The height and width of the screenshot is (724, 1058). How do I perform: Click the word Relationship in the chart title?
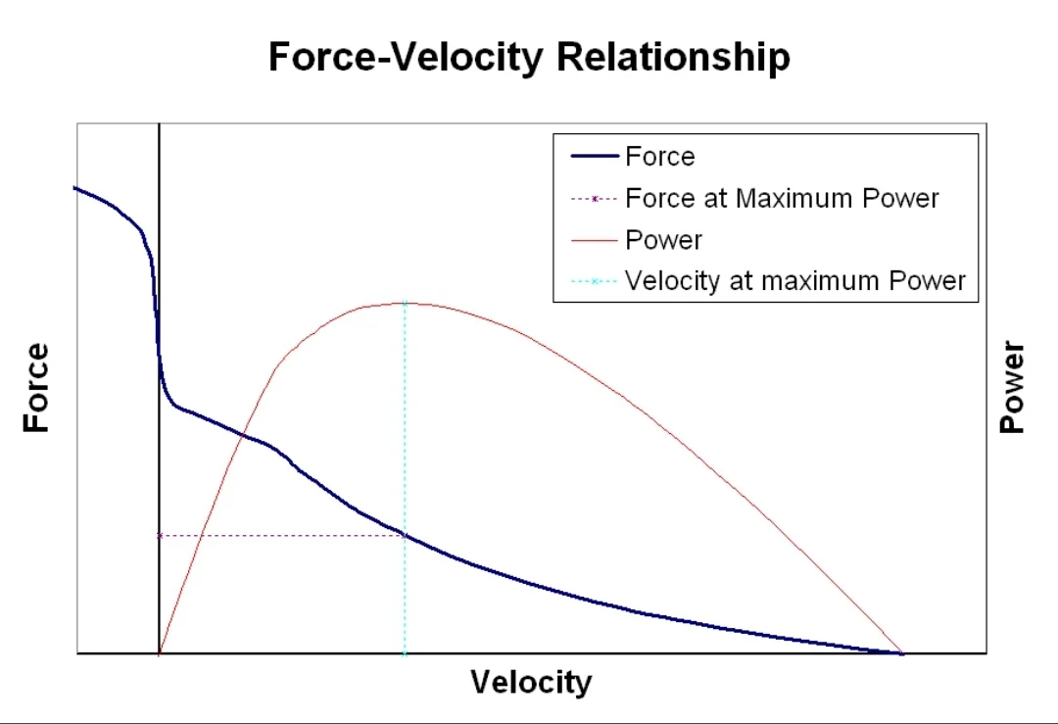click(673, 58)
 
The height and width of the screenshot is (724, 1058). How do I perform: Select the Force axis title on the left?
click(36, 387)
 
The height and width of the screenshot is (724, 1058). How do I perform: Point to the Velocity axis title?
click(531, 682)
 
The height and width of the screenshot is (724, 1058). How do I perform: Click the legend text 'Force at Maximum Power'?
click(782, 199)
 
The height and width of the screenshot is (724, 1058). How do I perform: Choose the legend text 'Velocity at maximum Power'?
click(795, 281)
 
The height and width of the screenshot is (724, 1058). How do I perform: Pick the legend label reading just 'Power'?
click(663, 240)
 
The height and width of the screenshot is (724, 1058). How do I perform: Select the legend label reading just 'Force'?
click(659, 157)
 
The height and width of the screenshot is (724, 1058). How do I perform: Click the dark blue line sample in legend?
click(594, 157)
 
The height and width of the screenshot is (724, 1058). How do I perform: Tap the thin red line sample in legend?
click(594, 240)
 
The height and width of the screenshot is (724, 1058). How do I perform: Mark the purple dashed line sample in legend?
click(594, 199)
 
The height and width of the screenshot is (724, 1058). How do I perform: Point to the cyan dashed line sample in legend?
click(594, 281)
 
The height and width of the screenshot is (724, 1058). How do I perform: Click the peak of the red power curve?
click(404, 303)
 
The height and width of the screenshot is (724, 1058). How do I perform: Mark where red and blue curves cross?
click(242, 435)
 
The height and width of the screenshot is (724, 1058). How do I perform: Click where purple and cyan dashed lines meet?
click(404, 535)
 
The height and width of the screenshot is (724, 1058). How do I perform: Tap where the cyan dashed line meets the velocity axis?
click(404, 652)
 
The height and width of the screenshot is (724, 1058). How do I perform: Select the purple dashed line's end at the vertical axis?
click(159, 535)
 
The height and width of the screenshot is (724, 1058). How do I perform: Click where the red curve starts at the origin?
click(159, 652)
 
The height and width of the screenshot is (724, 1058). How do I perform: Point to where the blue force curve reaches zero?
click(901, 652)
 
